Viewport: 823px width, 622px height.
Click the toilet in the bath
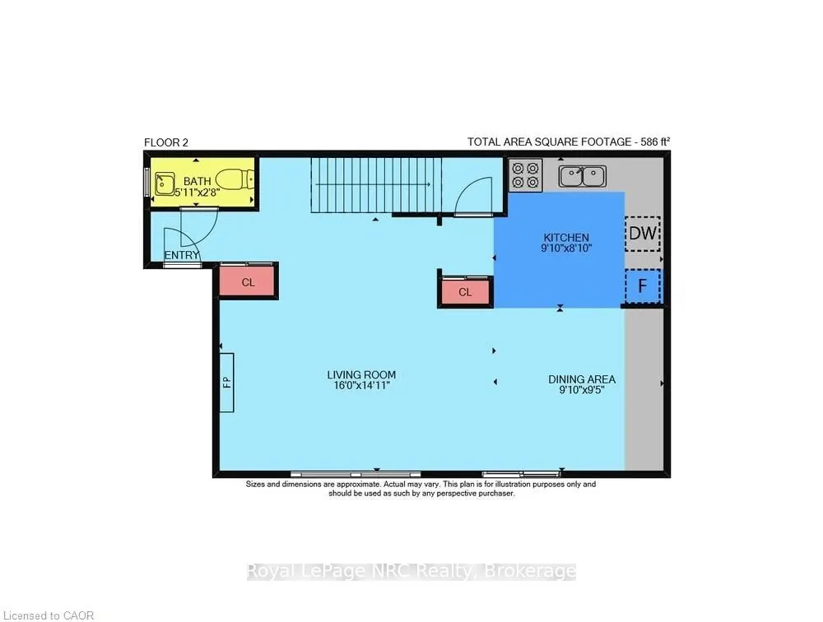(x=239, y=179)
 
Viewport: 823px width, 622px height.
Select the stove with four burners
(x=526, y=175)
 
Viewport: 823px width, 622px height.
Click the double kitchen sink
(x=582, y=175)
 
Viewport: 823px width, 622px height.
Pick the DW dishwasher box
(x=643, y=234)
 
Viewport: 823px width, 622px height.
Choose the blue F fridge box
(x=643, y=287)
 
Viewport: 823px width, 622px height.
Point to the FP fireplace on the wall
(x=226, y=382)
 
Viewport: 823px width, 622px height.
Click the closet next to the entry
(x=248, y=282)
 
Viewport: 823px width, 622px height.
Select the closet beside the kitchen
(x=465, y=292)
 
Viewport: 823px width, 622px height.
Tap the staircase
(x=376, y=186)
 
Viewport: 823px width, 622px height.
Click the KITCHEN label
(x=565, y=237)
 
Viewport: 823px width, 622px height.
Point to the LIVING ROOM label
(x=355, y=374)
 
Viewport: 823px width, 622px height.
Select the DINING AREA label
(x=582, y=379)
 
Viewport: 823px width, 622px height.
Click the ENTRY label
(x=182, y=256)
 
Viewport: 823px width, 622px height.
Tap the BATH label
(x=197, y=181)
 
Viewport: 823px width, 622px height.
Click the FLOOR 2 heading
(x=166, y=142)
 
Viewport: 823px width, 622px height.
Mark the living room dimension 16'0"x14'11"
(x=355, y=385)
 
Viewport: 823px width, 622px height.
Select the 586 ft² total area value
(x=653, y=142)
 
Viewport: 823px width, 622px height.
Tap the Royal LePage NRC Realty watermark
(x=411, y=571)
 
